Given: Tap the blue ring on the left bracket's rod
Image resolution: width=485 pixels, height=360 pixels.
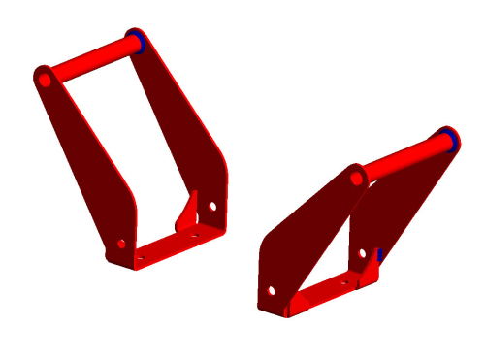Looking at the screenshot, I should (141, 41).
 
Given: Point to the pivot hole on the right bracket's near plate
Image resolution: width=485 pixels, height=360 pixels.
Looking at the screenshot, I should (357, 179).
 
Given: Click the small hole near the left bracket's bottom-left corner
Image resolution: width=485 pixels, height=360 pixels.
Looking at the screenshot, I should (121, 244).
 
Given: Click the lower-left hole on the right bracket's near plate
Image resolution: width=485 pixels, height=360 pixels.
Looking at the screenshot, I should (271, 289).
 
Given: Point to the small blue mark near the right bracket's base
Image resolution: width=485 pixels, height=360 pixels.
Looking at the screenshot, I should (380, 255).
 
